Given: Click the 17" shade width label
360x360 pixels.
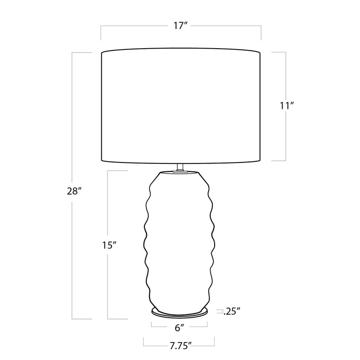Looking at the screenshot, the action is coord(181,26).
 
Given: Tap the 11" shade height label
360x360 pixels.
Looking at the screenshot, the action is coord(287,106).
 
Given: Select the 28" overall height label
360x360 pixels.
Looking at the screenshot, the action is coord(74,191).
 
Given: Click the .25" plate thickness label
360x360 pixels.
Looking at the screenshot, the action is coord(232,311).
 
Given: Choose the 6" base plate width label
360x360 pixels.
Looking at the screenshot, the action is coord(180,328).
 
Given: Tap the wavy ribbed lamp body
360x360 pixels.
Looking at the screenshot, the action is coord(180,241).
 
